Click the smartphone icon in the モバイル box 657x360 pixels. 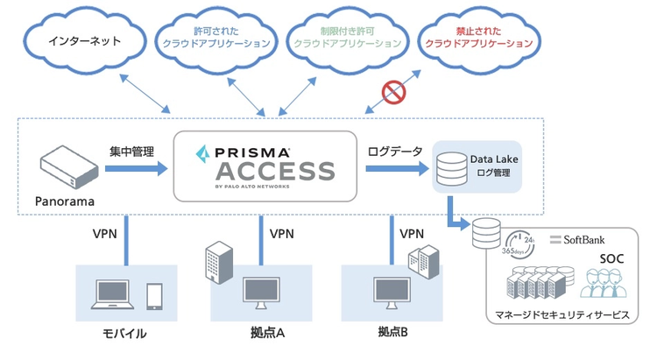(x=154, y=295)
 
